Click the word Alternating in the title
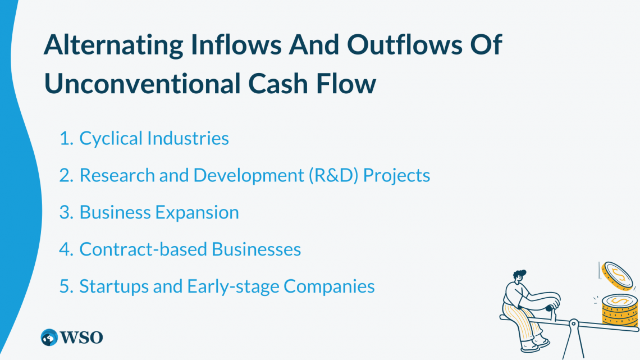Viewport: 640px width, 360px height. click(x=113, y=45)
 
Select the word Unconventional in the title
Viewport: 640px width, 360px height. click(x=142, y=84)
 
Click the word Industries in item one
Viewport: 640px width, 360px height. click(x=188, y=138)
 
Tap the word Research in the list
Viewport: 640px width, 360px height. click(x=117, y=175)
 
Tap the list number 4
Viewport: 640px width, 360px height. click(x=66, y=249)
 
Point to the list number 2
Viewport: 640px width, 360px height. click(x=66, y=176)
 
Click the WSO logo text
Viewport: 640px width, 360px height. click(x=81, y=338)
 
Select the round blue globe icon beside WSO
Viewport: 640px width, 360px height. click(x=49, y=338)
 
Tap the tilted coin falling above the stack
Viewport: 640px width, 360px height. click(x=618, y=276)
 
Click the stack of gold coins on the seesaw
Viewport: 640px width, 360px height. click(x=620, y=310)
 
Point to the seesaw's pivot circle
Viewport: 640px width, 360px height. click(x=573, y=324)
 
